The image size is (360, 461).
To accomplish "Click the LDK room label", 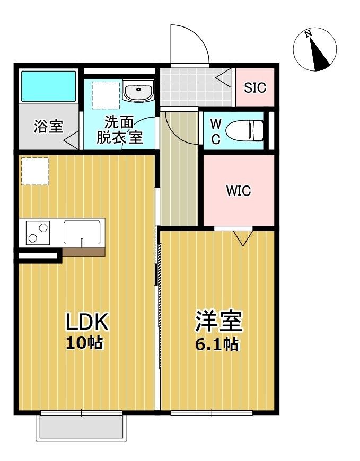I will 87,321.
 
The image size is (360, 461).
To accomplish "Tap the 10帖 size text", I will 84,343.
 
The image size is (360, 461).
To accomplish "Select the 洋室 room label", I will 218,321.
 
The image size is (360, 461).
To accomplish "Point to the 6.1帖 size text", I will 216,344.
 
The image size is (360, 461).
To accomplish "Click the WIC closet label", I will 239,191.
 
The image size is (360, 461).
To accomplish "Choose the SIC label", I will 255,87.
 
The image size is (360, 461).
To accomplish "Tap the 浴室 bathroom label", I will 49,127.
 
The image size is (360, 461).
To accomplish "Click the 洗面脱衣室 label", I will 119,129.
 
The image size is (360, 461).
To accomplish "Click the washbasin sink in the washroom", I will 138,91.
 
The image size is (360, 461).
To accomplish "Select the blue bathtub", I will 48,86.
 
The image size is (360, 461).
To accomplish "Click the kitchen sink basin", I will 82,232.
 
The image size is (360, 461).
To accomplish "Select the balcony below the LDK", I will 82,427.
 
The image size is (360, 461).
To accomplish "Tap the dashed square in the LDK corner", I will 35,171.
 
